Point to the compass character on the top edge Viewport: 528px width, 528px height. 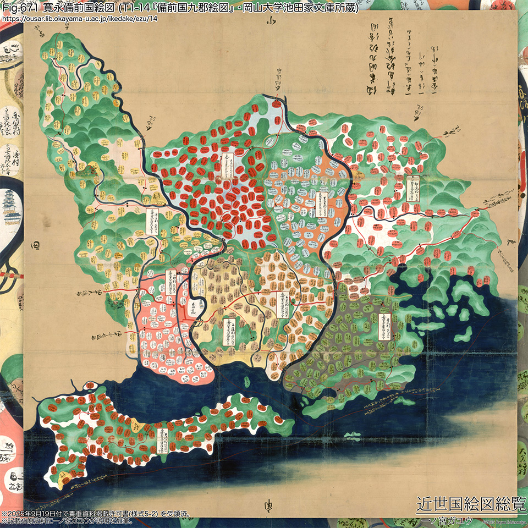point(270,22)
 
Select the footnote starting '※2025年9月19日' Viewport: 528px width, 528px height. point(96,514)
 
